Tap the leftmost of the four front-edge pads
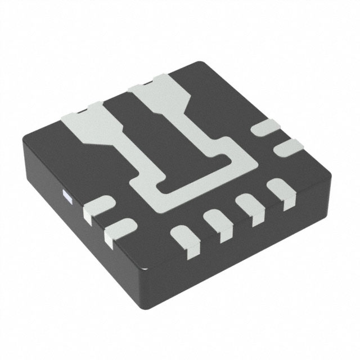(184, 236)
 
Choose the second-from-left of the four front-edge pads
(217, 221)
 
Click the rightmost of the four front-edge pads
(279, 192)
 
